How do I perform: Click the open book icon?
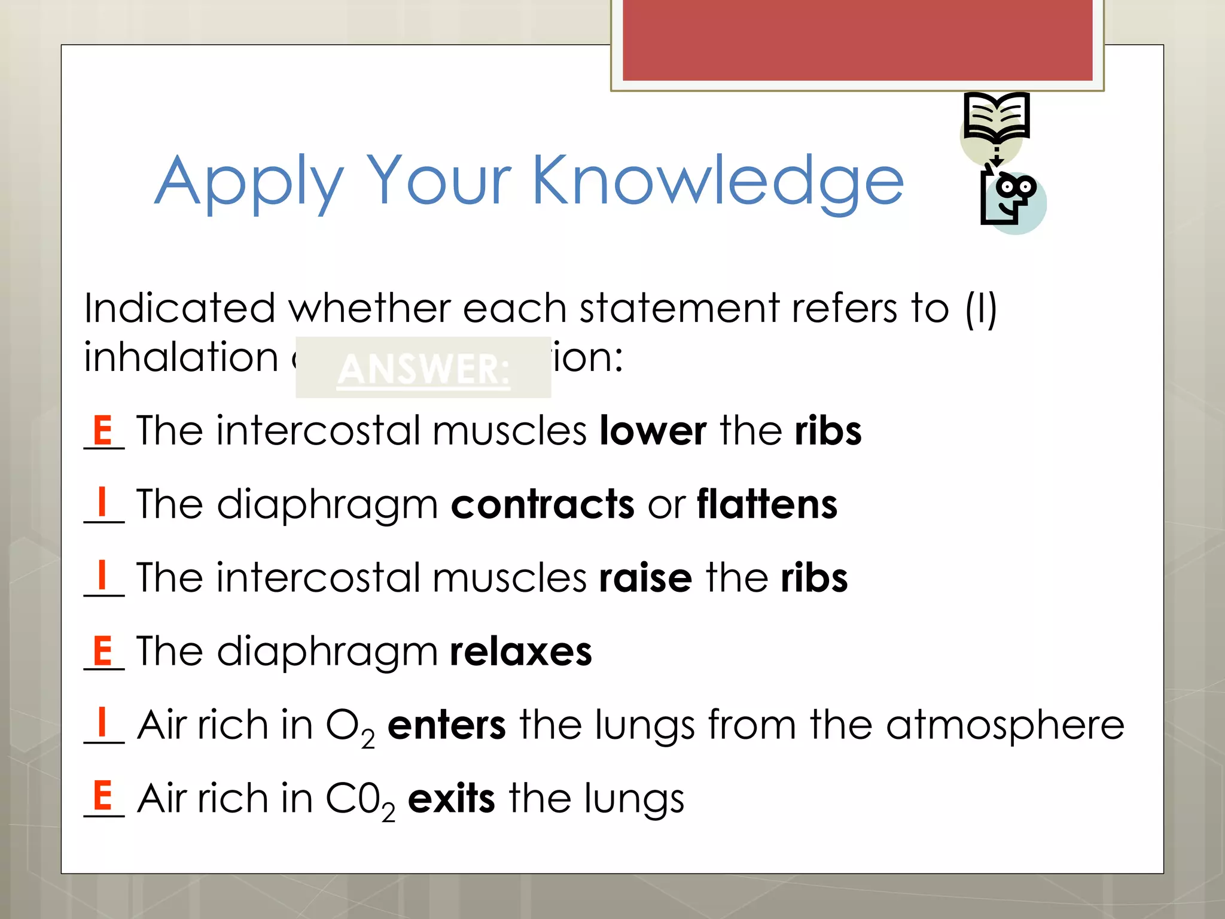click(x=997, y=117)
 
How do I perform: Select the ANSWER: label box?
click(x=423, y=367)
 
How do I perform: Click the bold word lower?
click(x=653, y=431)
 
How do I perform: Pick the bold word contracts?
click(x=543, y=504)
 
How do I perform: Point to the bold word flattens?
click(x=767, y=504)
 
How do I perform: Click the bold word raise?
click(x=646, y=578)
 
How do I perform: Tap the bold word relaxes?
click(x=521, y=652)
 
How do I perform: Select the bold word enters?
click(x=447, y=725)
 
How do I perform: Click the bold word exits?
click(x=452, y=799)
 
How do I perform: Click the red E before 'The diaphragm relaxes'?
click(x=103, y=650)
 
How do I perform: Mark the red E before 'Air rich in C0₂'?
click(x=103, y=795)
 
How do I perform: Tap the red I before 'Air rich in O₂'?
click(x=102, y=722)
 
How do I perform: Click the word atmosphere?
click(x=1005, y=725)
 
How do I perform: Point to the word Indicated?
click(x=179, y=309)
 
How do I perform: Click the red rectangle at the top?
click(x=857, y=39)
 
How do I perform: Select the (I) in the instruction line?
click(x=981, y=309)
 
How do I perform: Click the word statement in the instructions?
click(x=679, y=309)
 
